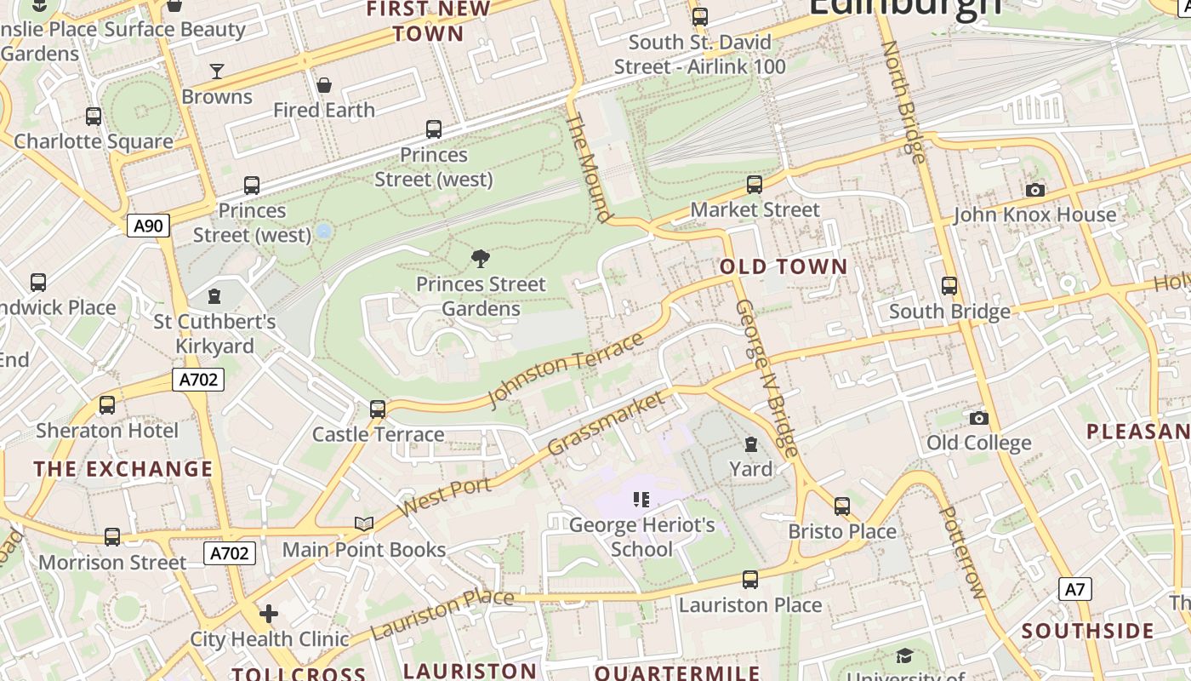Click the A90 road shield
coord(149,226)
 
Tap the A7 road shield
coord(1075,589)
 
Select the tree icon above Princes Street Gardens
coord(481,258)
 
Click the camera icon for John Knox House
coord(1034,190)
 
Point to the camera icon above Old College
coord(979,418)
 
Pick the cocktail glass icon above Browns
coord(217,71)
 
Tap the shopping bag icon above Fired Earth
coord(323,85)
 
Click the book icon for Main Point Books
coord(364,524)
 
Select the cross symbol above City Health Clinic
coord(269,613)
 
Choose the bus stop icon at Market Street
coord(754,184)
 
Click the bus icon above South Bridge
coord(949,286)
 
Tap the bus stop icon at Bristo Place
coord(842,506)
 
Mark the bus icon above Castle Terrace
coord(378,409)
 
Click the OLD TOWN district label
coord(784,266)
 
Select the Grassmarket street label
coord(606,422)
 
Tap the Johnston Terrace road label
coord(565,370)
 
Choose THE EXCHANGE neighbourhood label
coord(123,469)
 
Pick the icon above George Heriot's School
coord(641,500)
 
